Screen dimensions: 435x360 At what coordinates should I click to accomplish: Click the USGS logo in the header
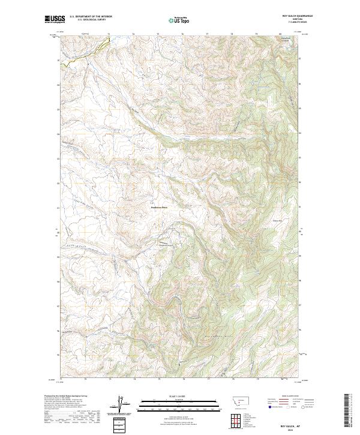55,19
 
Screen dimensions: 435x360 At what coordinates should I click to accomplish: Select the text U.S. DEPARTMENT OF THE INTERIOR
91,17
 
